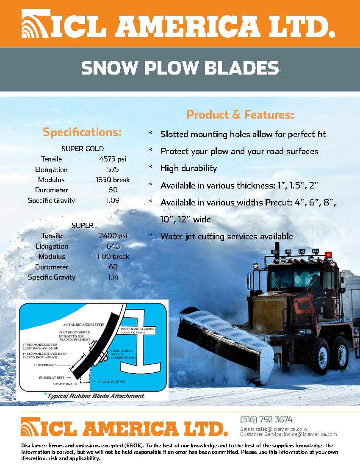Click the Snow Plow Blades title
tap(180, 68)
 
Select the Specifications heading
tap(82, 132)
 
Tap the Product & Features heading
tap(240, 115)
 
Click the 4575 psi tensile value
tap(113, 159)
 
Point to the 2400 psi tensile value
tap(113, 236)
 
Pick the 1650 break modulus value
tap(113, 180)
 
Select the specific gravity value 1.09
tap(113, 200)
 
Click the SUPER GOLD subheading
tap(83, 149)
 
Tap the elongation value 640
tap(113, 246)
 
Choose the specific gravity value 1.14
tap(113, 277)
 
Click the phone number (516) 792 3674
tap(266, 420)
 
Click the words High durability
tap(188, 168)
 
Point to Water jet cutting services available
tap(227, 236)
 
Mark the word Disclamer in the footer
tap(33, 446)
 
